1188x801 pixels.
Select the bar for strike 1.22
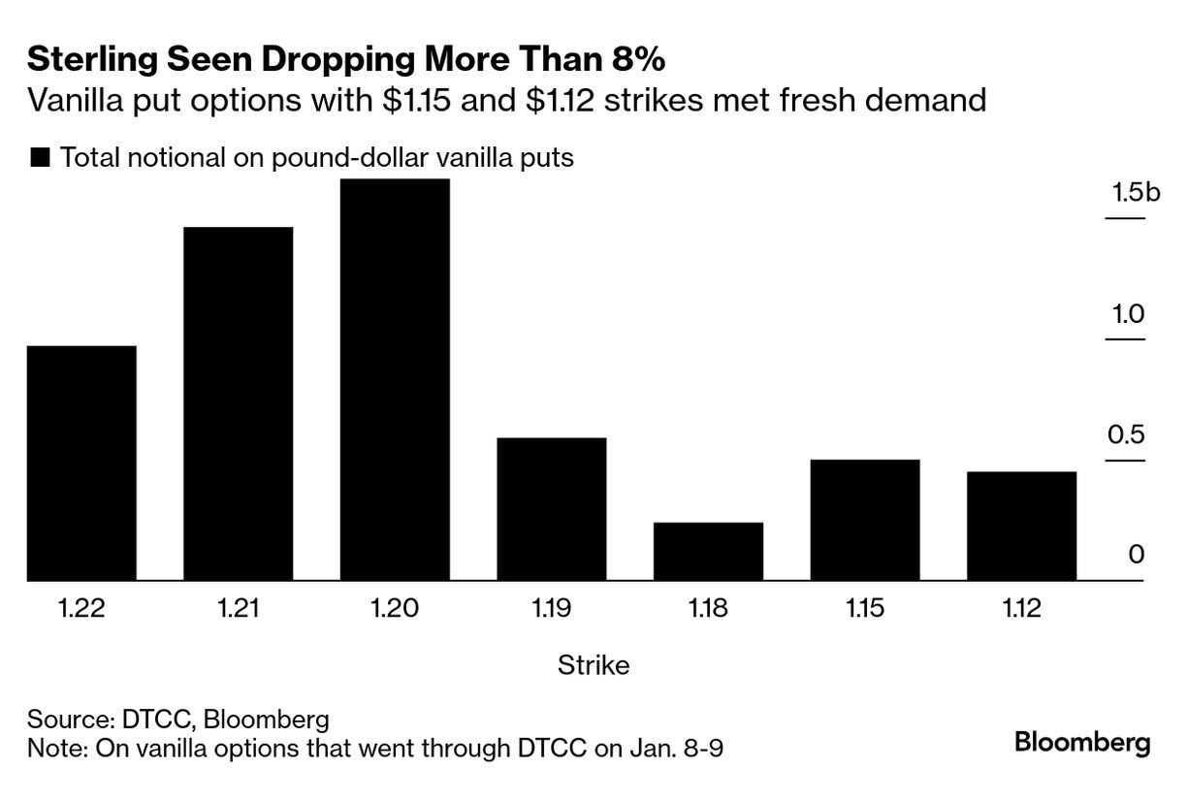pyautogui.click(x=81, y=464)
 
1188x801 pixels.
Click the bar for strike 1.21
pyautogui.click(x=239, y=403)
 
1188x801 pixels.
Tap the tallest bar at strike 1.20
pyautogui.click(x=395, y=380)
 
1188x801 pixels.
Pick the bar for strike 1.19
pyautogui.click(x=552, y=509)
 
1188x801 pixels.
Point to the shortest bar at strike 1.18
pyautogui.click(x=708, y=552)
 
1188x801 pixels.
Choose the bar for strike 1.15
pyautogui.click(x=865, y=520)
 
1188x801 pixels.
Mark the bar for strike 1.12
pyautogui.click(x=1021, y=526)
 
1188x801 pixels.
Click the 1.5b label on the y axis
pyautogui.click(x=1136, y=193)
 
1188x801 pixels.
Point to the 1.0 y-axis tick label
pyautogui.click(x=1127, y=314)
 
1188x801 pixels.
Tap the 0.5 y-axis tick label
pyautogui.click(x=1127, y=434)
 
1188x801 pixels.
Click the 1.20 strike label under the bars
pyautogui.click(x=395, y=609)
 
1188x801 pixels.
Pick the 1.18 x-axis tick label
pyautogui.click(x=708, y=609)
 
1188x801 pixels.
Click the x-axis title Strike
pyautogui.click(x=594, y=665)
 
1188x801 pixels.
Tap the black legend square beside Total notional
pyautogui.click(x=41, y=157)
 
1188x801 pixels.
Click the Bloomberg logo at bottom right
pyautogui.click(x=1082, y=744)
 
